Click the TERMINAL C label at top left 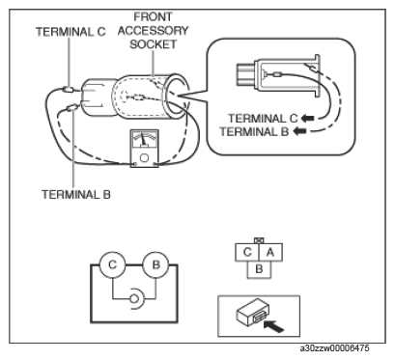[71, 32]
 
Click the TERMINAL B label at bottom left [76, 194]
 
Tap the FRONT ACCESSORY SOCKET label [153, 31]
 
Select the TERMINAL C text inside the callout [263, 119]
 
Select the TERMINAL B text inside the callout [254, 131]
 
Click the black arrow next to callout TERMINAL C [307, 119]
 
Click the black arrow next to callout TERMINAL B [299, 131]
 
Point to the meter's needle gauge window [144, 140]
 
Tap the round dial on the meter [144, 157]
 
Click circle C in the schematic [112, 264]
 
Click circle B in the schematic [156, 264]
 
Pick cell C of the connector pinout [247, 252]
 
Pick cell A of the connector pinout [270, 252]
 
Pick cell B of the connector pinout [259, 269]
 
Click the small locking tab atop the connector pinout [259, 240]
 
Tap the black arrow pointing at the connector [273, 326]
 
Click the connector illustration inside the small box [253, 312]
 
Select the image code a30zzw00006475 [335, 348]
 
